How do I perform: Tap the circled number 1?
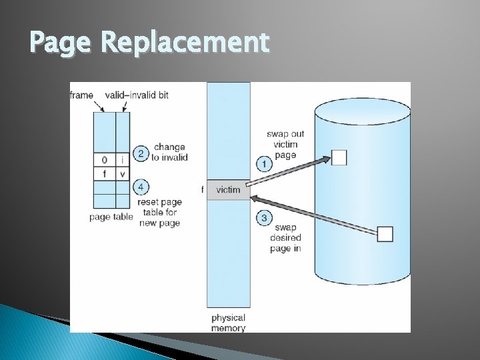265,163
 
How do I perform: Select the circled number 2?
141,153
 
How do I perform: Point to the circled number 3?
265,217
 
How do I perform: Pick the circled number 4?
141,186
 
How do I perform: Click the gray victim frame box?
229,190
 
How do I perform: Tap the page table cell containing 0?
105,160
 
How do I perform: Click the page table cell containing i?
122,160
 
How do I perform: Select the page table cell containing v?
122,174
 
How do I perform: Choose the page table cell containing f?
105,174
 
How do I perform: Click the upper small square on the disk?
339,157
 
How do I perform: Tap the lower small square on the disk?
385,234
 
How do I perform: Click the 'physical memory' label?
228,323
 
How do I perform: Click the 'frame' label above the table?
81,95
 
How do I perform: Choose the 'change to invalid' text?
170,152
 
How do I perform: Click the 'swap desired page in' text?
285,238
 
